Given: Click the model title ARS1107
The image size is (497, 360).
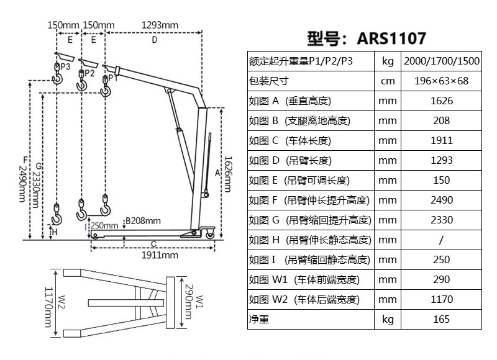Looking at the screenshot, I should point(367,38).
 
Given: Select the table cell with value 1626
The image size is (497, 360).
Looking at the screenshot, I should point(441,101).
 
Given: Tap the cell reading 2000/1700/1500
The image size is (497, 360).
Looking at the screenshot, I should point(441,61).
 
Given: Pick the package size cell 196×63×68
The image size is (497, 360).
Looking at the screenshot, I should point(441,81).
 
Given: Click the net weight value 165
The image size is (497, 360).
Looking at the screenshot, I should point(441,320).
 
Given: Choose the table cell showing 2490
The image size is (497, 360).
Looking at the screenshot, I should point(441,200).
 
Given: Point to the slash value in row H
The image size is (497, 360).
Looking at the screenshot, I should point(441,240).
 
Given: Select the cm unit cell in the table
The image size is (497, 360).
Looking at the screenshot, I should point(388,81).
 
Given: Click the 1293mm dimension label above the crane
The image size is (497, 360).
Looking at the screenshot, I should point(160,25).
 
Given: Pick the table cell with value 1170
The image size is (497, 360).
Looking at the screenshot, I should point(441,300).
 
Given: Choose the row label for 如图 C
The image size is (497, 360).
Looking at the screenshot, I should point(290,141).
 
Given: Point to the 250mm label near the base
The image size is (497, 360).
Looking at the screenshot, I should point(104,225).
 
